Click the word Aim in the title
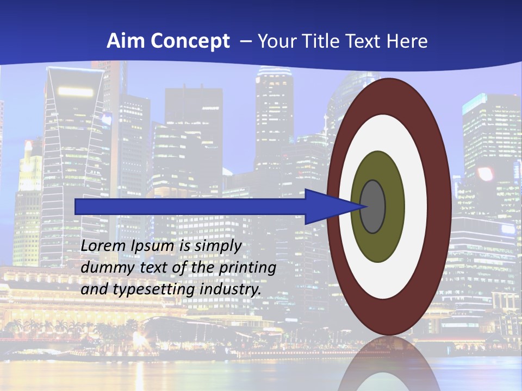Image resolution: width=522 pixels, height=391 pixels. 122,41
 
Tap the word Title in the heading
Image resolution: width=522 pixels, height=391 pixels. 325,41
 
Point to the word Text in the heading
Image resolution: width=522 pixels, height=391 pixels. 366,41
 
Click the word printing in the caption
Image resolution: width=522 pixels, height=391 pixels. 247,268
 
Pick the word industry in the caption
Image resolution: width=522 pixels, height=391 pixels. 231,289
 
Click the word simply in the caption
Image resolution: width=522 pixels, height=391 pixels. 217,247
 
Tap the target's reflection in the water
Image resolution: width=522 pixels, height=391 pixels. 388,364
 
